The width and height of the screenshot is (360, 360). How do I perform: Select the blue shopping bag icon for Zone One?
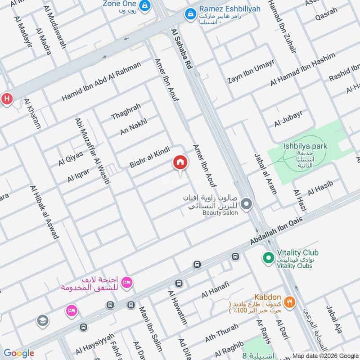pyautogui.click(x=145, y=5)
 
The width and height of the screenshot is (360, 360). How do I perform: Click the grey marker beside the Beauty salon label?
pyautogui.click(x=246, y=205)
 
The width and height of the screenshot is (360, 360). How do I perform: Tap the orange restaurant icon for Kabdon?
pyautogui.click(x=290, y=302)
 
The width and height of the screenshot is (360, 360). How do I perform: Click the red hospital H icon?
pyautogui.click(x=7, y=99)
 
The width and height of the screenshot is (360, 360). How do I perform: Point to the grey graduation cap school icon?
pyautogui.click(x=43, y=320)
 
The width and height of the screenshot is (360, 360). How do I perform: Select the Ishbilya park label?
pyautogui.click(x=306, y=146)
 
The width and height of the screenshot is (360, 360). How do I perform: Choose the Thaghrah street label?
pyautogui.click(x=126, y=112)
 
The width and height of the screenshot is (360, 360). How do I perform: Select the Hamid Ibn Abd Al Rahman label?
pyautogui.click(x=101, y=81)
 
